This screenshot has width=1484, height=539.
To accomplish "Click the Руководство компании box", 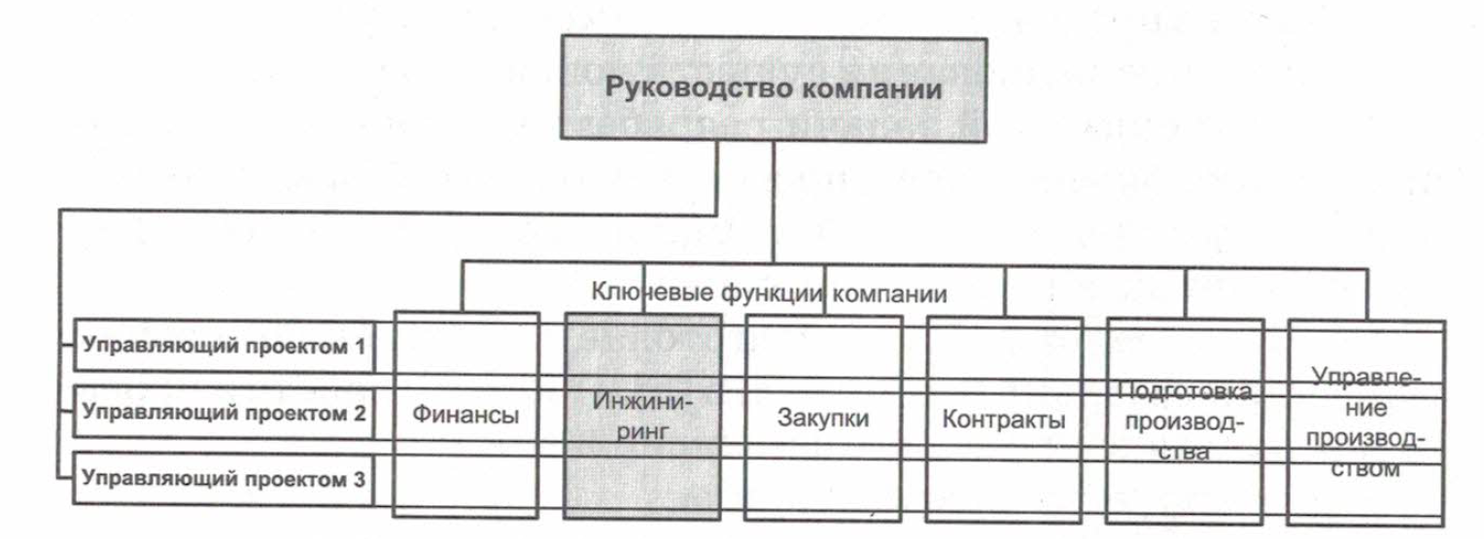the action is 774,88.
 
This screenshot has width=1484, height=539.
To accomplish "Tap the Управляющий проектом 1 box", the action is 224,346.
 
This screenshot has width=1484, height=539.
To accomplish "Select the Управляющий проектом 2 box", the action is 224,412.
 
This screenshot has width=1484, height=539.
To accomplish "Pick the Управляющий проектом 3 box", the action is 224,478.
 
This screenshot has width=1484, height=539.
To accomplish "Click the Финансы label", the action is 466,415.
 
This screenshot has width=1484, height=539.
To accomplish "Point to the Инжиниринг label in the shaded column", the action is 642,416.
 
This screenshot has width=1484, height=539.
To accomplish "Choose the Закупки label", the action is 823,418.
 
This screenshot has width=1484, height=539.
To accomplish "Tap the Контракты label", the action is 1004,420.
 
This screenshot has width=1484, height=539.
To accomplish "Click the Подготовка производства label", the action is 1184,421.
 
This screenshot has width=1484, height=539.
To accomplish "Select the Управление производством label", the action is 1366,422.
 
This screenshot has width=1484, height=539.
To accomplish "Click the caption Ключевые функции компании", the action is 769,292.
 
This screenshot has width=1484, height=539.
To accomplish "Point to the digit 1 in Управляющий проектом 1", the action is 360,346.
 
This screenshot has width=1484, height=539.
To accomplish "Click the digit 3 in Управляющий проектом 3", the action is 359,479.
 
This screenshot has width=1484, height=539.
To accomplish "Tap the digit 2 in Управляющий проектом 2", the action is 359,413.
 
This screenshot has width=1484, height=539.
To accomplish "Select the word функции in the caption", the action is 772,293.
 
